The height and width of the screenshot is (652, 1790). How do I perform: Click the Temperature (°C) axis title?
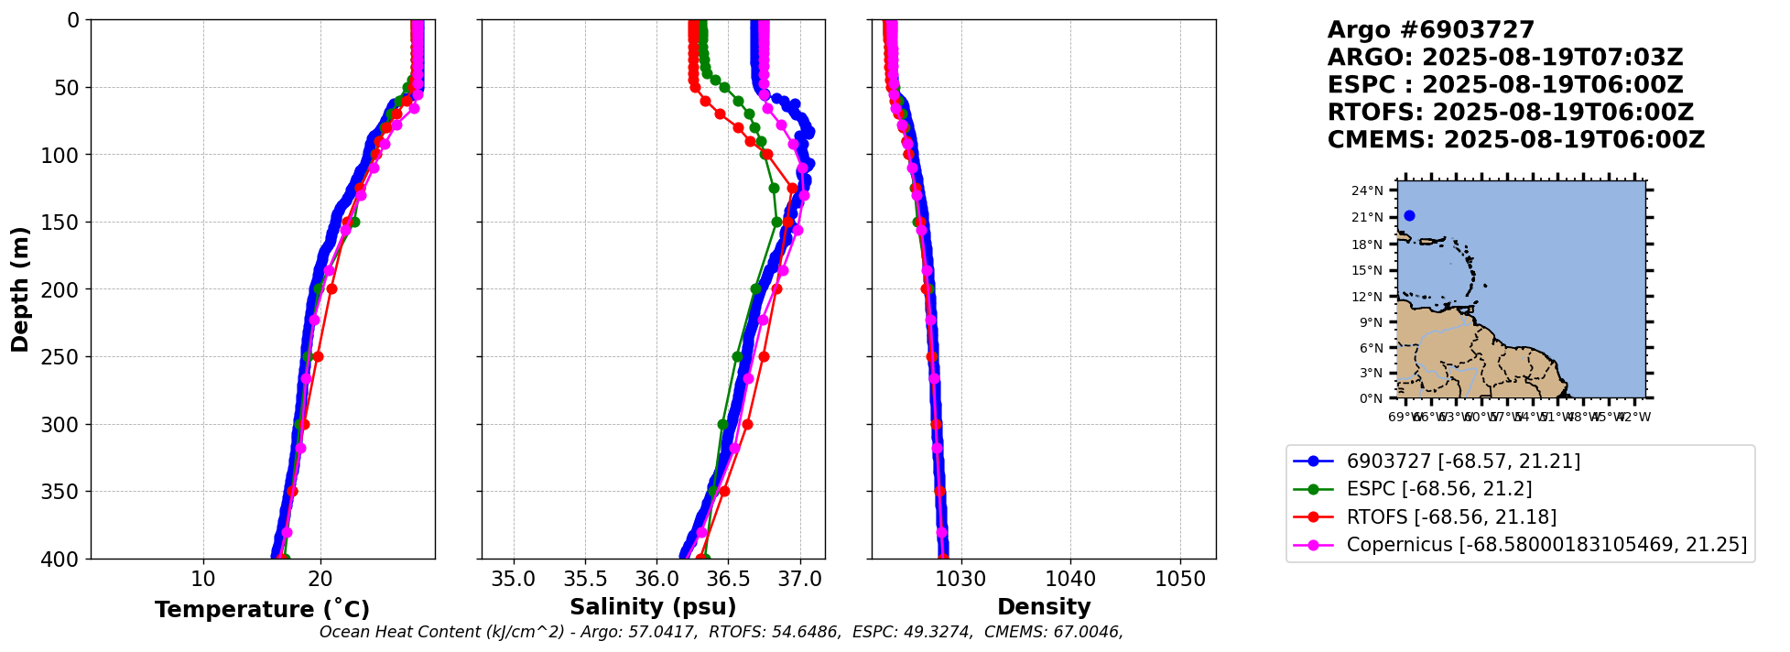[262, 609]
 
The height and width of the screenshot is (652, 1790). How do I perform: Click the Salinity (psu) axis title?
[653, 607]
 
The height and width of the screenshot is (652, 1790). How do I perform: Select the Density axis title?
[1044, 607]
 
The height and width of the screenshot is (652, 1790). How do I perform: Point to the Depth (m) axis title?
[20, 289]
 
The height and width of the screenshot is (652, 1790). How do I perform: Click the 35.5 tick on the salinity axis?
[585, 580]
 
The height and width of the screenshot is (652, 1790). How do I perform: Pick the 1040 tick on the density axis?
[1070, 580]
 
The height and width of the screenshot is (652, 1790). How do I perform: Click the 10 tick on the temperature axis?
[203, 580]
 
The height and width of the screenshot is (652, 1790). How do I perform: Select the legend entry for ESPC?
[1438, 489]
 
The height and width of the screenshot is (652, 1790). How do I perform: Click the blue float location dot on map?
[1409, 216]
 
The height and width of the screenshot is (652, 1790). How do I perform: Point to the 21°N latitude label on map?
[1368, 218]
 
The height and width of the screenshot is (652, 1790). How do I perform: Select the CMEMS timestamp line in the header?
[1515, 140]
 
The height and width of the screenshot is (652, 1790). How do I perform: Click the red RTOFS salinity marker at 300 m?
[747, 424]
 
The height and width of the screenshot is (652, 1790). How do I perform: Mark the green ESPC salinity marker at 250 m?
[738, 356]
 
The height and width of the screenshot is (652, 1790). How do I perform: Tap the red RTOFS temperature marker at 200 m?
[331, 289]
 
